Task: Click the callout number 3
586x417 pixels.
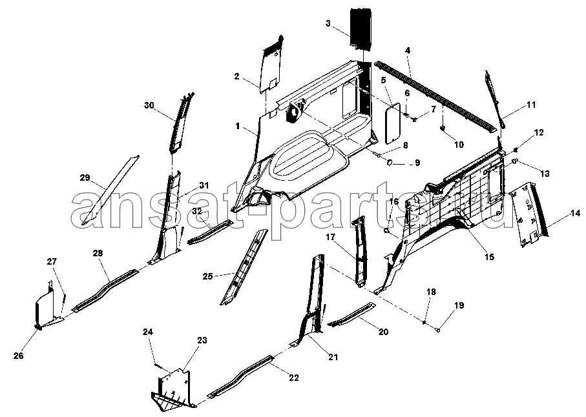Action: pyautogui.click(x=328, y=23)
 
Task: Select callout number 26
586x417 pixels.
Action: pyautogui.click(x=18, y=356)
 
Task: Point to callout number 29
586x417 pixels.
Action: pyautogui.click(x=85, y=178)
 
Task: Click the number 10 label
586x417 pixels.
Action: pyautogui.click(x=459, y=145)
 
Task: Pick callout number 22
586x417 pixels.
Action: pyautogui.click(x=294, y=378)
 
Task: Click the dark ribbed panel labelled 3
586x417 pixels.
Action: pyautogui.click(x=361, y=28)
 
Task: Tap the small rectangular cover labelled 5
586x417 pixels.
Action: pyautogui.click(x=392, y=123)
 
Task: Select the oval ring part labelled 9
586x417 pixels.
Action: pyautogui.click(x=390, y=163)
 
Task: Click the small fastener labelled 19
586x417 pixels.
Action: pyautogui.click(x=437, y=330)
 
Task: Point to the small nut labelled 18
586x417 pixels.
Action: pyautogui.click(x=424, y=322)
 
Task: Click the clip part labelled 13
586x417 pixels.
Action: pyautogui.click(x=514, y=161)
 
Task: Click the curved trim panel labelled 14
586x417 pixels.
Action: pyautogui.click(x=530, y=215)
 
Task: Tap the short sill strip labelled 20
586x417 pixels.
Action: pyautogui.click(x=352, y=314)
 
